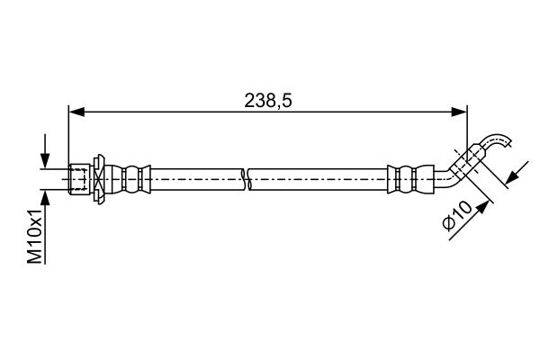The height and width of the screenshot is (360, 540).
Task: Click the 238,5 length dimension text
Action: click(x=268, y=101)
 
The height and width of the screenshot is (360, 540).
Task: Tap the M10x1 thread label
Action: click(x=35, y=236)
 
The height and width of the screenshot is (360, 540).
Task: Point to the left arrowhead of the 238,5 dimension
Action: click(x=76, y=112)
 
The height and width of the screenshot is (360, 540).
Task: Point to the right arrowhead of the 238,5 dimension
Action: click(x=459, y=112)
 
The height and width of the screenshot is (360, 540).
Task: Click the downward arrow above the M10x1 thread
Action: click(x=45, y=151)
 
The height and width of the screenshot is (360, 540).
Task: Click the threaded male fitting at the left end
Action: click(x=79, y=179)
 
